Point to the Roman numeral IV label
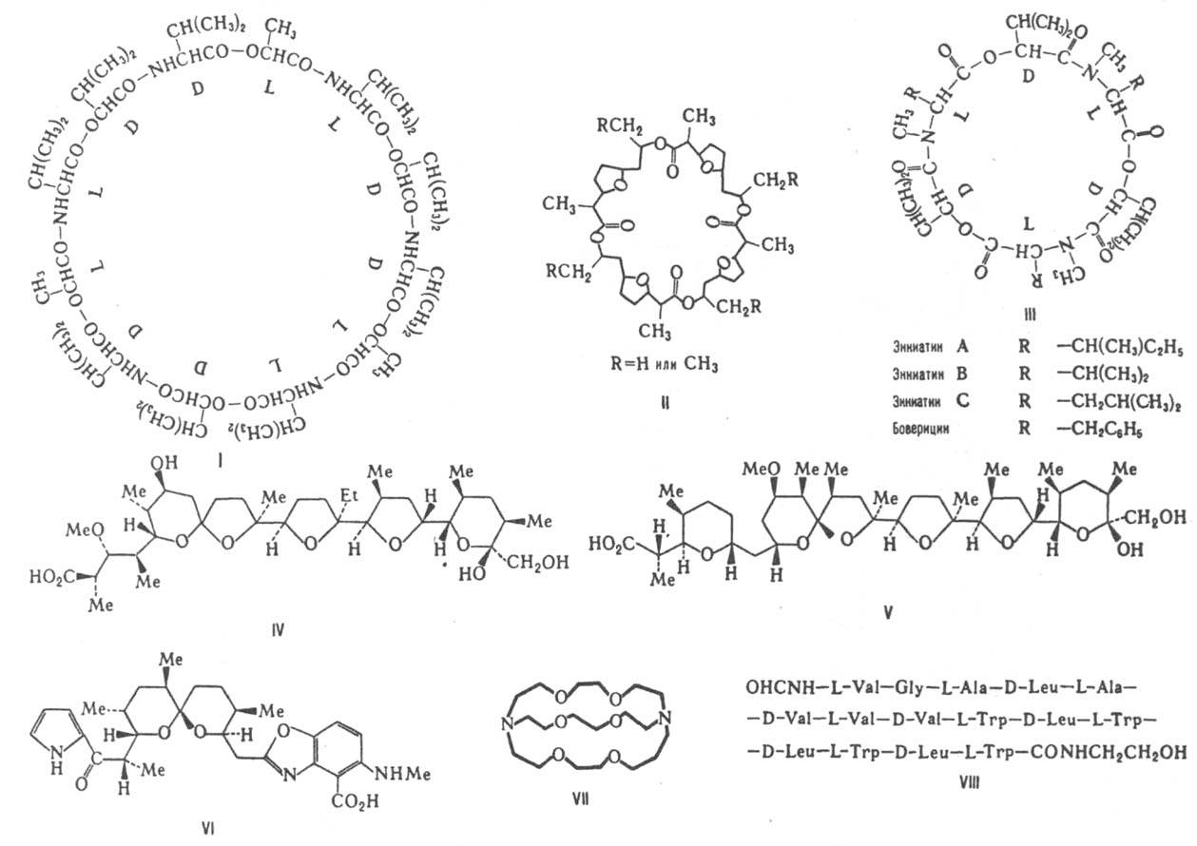(x=278, y=628)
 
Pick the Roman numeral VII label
(x=583, y=796)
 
